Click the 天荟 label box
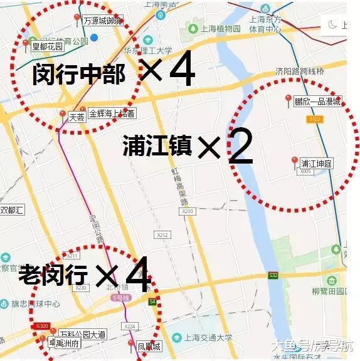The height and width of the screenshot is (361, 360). coord(77,117)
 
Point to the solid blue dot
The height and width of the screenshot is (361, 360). coord(93,38)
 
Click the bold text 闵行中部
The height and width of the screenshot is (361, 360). coord(78,75)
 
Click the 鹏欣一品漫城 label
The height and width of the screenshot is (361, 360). coord(317,102)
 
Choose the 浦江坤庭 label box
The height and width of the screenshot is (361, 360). coord(317,163)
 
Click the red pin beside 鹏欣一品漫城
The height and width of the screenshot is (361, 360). coord(288,100)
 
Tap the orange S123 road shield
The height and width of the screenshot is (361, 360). coord(315,118)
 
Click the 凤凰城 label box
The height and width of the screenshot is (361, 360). coord(149,345)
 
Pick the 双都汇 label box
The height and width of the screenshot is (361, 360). coord(11,210)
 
